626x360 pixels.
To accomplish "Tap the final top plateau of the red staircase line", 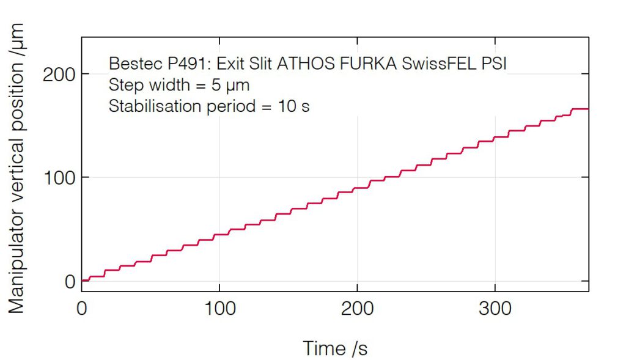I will [580, 109].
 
